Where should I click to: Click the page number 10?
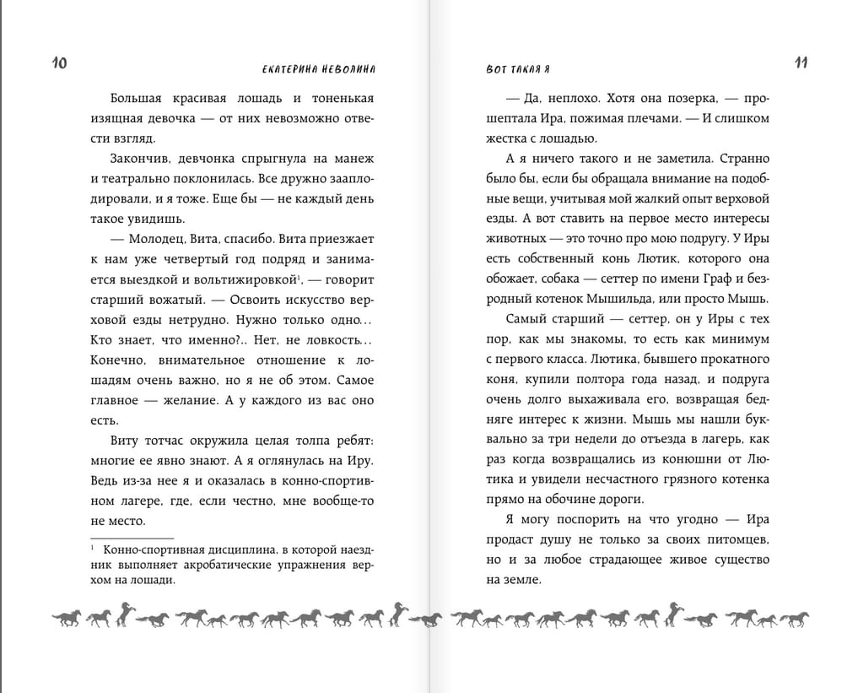click(59, 63)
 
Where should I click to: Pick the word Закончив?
click(138, 159)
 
